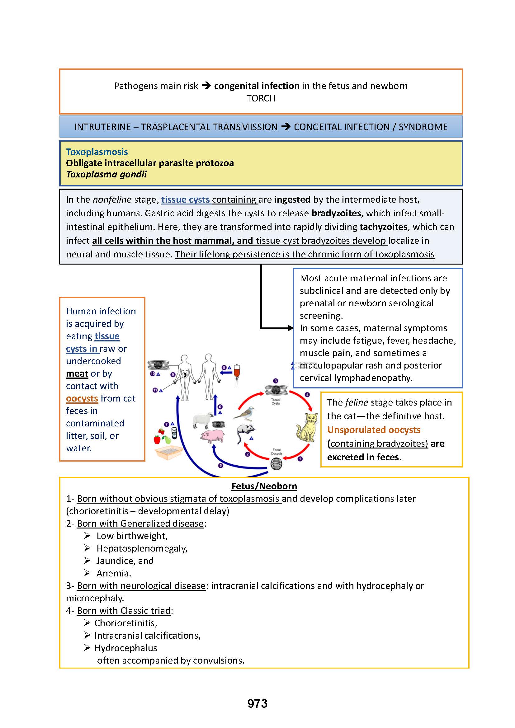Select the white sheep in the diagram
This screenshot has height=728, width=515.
coord(203,420)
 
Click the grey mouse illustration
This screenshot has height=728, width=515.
coord(245,431)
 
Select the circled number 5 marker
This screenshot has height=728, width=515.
coord(221,465)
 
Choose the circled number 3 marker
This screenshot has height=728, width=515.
coord(276,381)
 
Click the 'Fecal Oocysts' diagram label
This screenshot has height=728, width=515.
coord(276,452)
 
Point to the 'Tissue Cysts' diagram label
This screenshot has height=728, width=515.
coord(276,402)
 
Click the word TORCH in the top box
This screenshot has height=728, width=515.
coord(261,98)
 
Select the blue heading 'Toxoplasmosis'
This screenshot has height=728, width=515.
coord(97,152)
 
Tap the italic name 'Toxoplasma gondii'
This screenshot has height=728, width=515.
coord(106,174)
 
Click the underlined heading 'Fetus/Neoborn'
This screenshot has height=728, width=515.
coord(264,486)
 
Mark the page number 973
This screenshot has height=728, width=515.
coord(257,703)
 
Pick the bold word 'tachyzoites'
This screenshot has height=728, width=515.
coord(383,227)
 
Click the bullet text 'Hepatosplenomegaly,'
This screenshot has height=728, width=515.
coord(142,548)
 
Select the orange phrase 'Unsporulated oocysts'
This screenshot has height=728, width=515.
coord(374,430)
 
